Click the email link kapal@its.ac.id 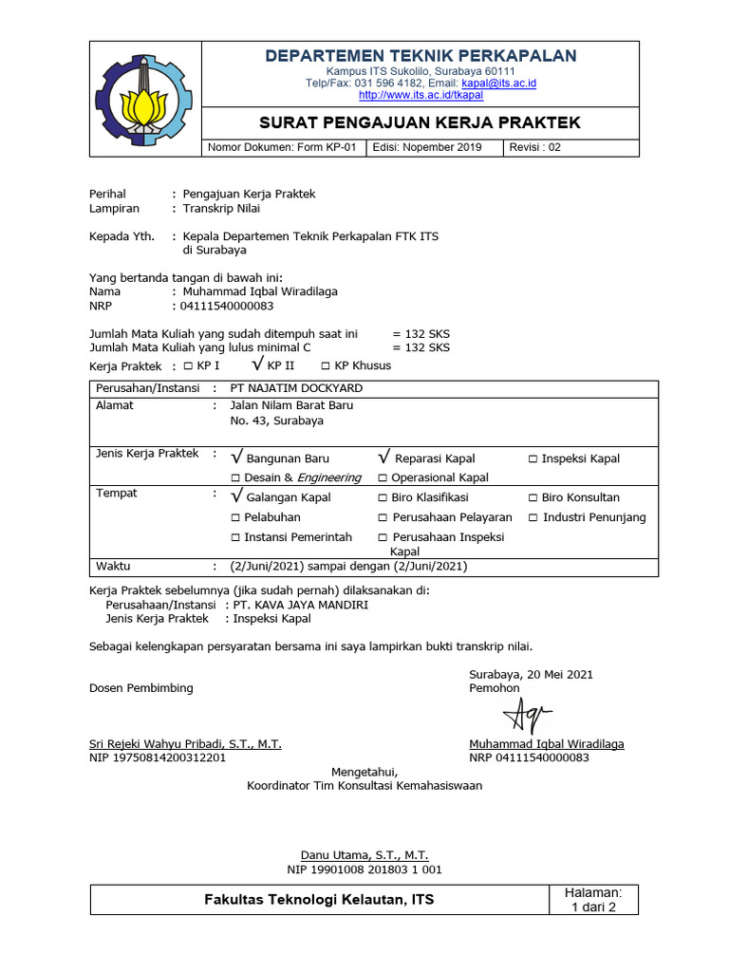[498, 84]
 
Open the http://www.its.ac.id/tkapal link [421, 96]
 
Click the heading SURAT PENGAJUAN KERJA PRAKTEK [420, 123]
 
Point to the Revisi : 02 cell [535, 148]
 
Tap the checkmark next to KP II [257, 364]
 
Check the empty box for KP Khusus [326, 366]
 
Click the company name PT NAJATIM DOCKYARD [296, 388]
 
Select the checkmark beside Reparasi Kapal [383, 458]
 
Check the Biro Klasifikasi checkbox [383, 497]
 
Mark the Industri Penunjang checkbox [533, 517]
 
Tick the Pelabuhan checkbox [235, 517]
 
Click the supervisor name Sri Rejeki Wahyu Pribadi [185, 744]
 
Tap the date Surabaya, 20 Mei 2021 [531, 674]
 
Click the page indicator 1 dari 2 [592, 907]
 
